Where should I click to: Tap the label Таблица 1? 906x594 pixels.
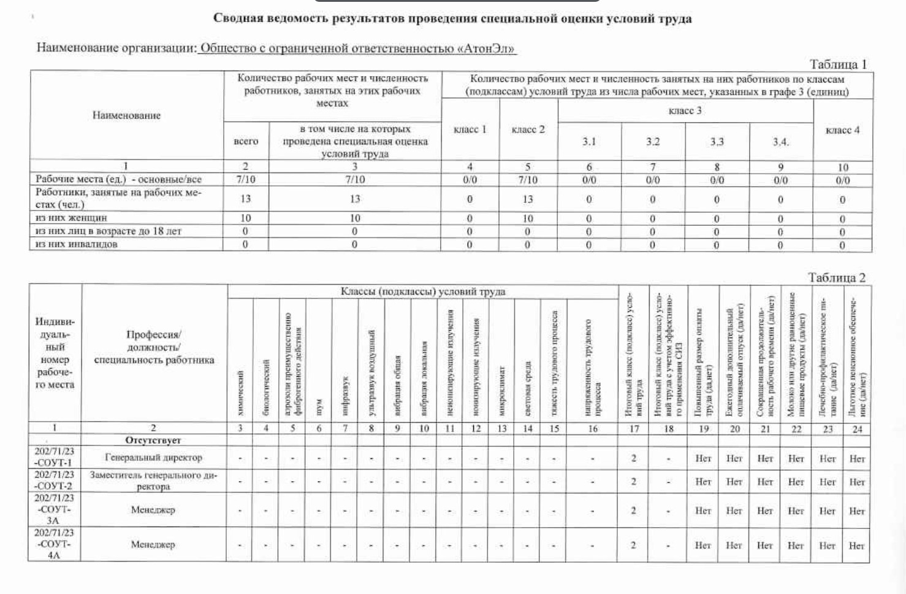pos(838,64)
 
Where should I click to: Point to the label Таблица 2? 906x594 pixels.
pos(837,277)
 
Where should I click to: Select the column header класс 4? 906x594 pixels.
pos(843,130)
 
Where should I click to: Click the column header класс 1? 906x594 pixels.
pos(470,129)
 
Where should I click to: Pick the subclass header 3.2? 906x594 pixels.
pos(653,142)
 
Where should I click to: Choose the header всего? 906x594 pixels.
pos(246,141)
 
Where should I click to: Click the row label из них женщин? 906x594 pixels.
pos(71,218)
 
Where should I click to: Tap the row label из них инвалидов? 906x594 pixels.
pos(77,244)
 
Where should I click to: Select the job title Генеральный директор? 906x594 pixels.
pos(153,457)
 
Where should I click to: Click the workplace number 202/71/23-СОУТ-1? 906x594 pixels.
pos(54,457)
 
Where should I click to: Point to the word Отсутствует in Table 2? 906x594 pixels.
pos(153,440)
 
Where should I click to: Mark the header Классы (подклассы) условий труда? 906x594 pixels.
pos(423,291)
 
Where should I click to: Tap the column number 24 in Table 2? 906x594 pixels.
pos(857,429)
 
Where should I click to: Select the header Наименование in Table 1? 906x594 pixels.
pos(126,115)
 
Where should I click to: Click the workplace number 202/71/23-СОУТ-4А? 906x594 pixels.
pos(54,544)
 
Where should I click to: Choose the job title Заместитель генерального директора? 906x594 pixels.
pos(153,480)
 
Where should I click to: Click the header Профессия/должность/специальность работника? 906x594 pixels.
pos(153,347)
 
